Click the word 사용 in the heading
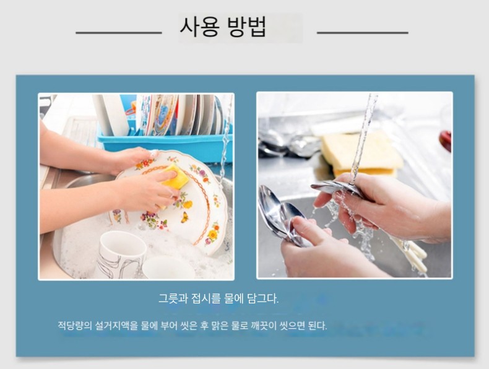point(199,27)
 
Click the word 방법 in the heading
point(247,27)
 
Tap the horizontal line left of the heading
point(119,32)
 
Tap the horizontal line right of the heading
point(362,32)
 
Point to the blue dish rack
point(165,144)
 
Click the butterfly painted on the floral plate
point(184,217)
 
